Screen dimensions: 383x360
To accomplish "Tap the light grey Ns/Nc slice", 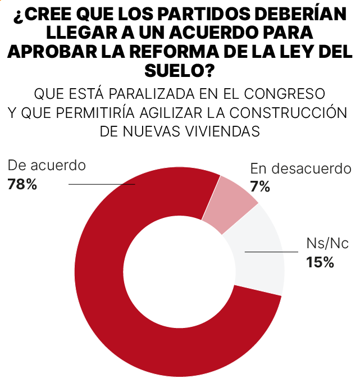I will pyautogui.click(x=258, y=253).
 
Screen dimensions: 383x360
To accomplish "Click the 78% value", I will pyautogui.click(x=22, y=184).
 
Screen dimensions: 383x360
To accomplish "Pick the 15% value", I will pyautogui.click(x=320, y=262).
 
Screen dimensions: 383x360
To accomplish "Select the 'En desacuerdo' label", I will pyautogui.click(x=300, y=168).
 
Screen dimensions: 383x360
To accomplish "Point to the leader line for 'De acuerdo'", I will pyautogui.click(x=101, y=184).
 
